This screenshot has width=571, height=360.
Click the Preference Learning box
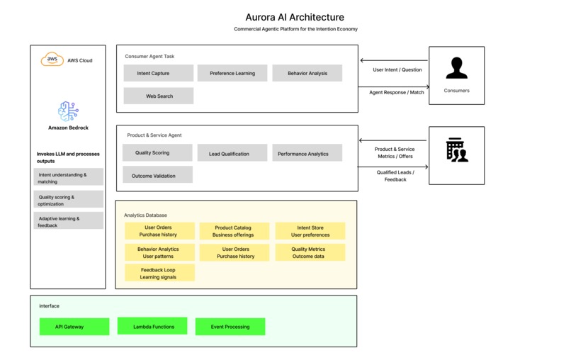232,73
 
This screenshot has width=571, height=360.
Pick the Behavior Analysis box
307,73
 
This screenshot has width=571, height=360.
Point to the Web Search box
158,96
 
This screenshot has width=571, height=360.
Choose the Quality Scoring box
157,152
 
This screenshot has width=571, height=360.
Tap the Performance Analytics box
307,153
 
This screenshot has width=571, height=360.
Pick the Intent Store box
310,231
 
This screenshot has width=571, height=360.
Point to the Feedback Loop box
158,273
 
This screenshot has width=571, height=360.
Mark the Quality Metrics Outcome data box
308,252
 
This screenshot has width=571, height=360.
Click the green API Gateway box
74,327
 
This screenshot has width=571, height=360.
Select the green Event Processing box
230,327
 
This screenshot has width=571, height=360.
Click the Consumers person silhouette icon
456,69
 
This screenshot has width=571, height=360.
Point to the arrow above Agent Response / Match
394,86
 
